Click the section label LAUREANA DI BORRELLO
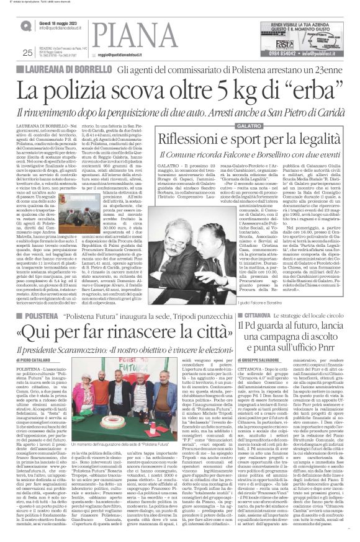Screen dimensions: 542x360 point(62,69)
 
